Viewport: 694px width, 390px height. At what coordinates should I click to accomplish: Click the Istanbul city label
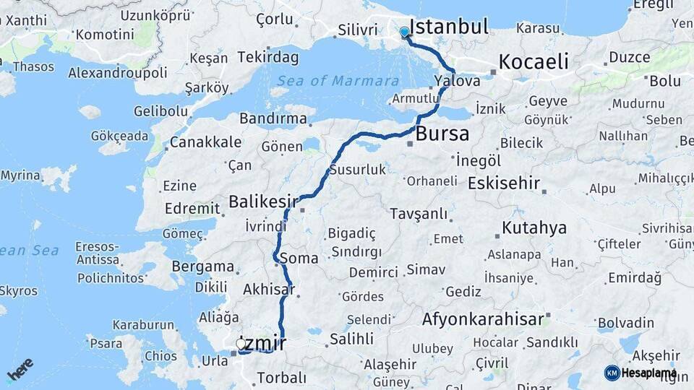(449, 27)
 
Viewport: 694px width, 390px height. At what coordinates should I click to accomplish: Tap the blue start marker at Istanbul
(404, 32)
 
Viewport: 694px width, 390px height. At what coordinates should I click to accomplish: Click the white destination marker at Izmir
(241, 344)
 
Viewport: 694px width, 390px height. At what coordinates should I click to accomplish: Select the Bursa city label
(442, 134)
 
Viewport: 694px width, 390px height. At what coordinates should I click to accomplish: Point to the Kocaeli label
(534, 61)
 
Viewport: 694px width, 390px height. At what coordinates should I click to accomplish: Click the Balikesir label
(265, 200)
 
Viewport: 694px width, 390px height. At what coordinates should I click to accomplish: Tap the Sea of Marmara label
(338, 81)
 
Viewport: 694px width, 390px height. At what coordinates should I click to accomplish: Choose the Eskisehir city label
(504, 183)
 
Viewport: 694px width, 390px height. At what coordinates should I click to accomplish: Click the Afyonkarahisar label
(482, 318)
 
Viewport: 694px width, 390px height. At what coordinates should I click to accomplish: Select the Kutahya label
(534, 228)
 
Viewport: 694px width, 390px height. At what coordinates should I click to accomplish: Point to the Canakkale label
(205, 142)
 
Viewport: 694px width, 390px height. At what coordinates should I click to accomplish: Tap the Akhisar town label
(269, 290)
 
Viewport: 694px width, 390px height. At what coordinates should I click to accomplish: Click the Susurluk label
(357, 170)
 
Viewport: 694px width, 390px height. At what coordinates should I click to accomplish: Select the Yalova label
(457, 81)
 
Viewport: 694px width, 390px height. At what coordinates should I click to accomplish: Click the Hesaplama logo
(641, 373)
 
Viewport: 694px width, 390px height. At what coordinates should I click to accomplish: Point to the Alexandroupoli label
(118, 73)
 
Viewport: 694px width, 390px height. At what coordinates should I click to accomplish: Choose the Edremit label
(192, 208)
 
